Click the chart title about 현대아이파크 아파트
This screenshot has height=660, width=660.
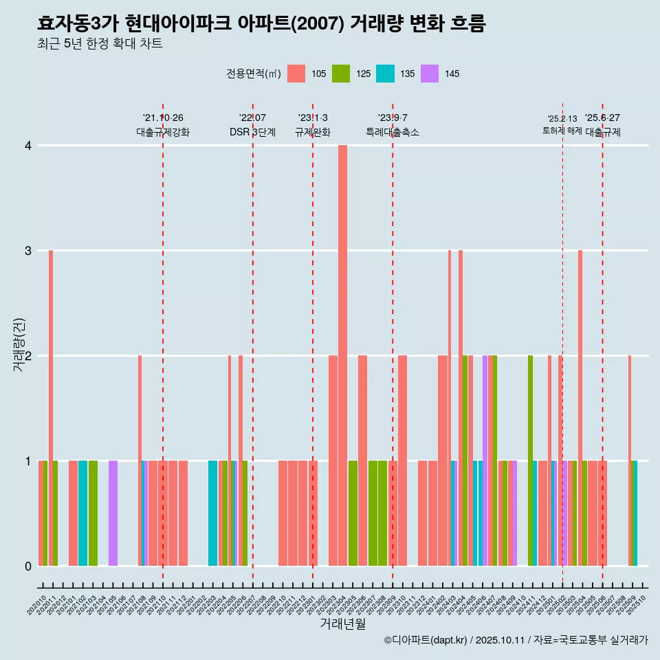(x=261, y=24)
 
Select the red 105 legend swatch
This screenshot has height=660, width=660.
(x=296, y=74)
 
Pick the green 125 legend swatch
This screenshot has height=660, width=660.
(x=341, y=74)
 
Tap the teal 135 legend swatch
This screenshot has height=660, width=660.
(x=385, y=74)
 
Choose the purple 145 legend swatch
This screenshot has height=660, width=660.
(x=430, y=74)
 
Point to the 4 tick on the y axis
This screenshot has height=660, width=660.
(x=28, y=146)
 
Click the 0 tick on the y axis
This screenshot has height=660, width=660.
(x=28, y=566)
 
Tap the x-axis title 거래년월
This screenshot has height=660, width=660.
(x=342, y=624)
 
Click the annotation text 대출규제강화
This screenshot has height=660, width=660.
(x=163, y=132)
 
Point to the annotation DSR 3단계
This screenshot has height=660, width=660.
(x=252, y=132)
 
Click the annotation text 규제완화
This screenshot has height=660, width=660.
(x=313, y=132)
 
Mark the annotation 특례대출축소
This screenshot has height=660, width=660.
(x=392, y=132)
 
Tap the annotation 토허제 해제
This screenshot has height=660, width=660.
(x=562, y=131)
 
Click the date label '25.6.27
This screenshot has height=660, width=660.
(x=602, y=118)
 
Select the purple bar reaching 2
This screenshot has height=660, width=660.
(x=485, y=461)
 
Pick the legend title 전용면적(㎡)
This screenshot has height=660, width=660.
(x=252, y=74)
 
